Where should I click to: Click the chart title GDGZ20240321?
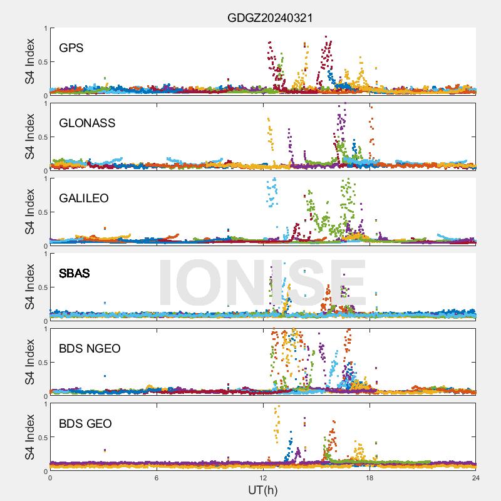tap(270, 18)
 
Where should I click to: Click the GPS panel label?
tap(71, 48)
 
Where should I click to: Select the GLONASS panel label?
tap(87, 123)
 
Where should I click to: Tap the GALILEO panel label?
tap(84, 198)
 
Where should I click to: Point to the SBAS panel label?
tap(75, 273)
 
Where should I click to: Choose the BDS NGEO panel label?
tap(90, 348)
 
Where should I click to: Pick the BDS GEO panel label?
tap(85, 423)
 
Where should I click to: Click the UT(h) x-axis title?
tap(263, 489)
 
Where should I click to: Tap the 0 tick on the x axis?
tap(50, 477)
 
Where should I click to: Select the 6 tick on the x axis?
tap(157, 477)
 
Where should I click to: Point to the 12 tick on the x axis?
tap(263, 477)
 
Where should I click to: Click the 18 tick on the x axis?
tap(369, 477)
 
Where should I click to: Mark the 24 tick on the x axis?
tap(476, 477)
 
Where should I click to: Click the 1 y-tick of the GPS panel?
tap(44, 28)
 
